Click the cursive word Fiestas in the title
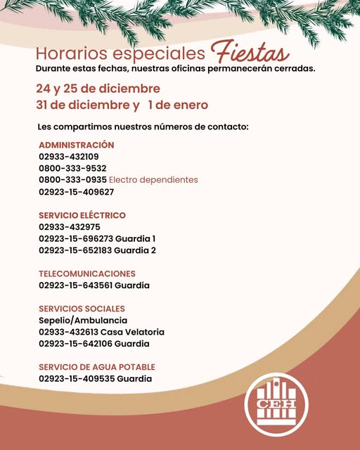coord(248,53)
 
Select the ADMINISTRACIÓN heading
coord(76,145)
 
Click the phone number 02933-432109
coord(69,157)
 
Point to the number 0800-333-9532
coord(72,168)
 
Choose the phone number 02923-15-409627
coord(76,191)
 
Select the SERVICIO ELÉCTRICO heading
coord(82,215)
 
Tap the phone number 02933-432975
coord(70,227)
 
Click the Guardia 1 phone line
coord(97,238)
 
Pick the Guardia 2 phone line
coord(97,250)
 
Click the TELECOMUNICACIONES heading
coord(87,274)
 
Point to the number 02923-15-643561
coord(76,285)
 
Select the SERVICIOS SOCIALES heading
coord(82,309)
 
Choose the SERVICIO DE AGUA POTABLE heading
coord(97,367)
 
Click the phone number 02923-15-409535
coord(76,379)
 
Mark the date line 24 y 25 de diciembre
coord(98,89)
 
